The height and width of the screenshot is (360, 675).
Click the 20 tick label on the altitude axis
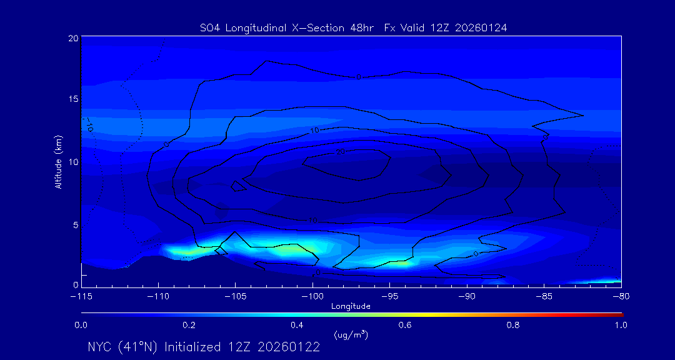73,38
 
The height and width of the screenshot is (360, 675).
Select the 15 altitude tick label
73,99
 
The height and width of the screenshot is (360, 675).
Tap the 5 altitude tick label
75,224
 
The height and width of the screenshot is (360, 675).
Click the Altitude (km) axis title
57,161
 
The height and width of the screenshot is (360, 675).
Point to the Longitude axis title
351,306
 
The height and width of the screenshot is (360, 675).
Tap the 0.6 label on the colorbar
405,325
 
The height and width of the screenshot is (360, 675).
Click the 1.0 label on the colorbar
620,325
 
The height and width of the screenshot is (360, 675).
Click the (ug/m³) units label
351,335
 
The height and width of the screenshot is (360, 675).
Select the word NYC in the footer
101,347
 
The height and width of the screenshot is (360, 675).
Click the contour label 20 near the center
341,152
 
